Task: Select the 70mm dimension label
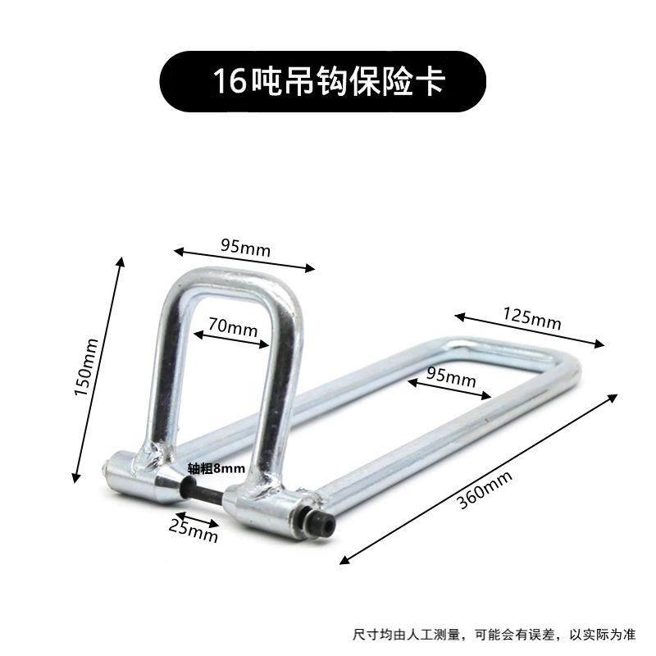(233, 326)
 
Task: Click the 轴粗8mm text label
(216, 468)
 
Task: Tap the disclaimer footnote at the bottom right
(494, 633)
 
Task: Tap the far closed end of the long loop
(566, 369)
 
